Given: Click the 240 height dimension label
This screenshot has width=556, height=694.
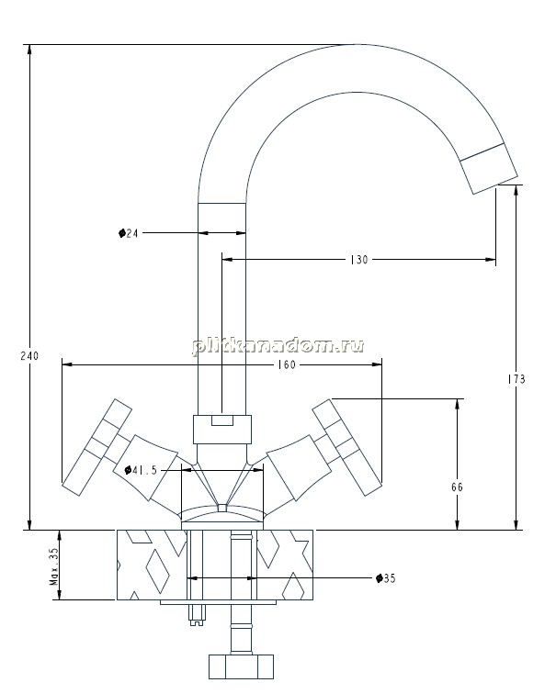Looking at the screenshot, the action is click(29, 355).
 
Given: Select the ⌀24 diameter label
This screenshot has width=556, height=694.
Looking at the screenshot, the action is click(128, 233).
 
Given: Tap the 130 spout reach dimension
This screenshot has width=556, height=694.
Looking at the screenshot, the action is click(358, 260).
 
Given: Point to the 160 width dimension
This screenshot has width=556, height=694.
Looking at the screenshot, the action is click(287, 364).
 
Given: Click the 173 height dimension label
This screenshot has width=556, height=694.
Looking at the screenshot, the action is click(516, 379).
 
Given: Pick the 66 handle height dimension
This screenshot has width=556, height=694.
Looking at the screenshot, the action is click(457, 487).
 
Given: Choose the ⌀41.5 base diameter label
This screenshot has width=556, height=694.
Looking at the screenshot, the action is click(141, 470).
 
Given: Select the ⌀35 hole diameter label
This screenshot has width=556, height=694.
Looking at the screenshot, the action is click(385, 578).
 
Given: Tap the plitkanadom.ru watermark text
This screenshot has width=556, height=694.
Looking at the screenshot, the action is click(278, 346).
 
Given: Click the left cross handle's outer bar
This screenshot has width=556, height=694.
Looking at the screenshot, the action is click(96, 447).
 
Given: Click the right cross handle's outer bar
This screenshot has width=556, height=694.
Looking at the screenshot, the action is click(347, 447).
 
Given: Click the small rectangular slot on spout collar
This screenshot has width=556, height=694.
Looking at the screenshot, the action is click(222, 420).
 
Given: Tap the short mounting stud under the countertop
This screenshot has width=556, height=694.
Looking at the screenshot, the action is click(197, 615).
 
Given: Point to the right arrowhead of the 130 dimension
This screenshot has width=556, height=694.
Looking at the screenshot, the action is click(491, 260).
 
